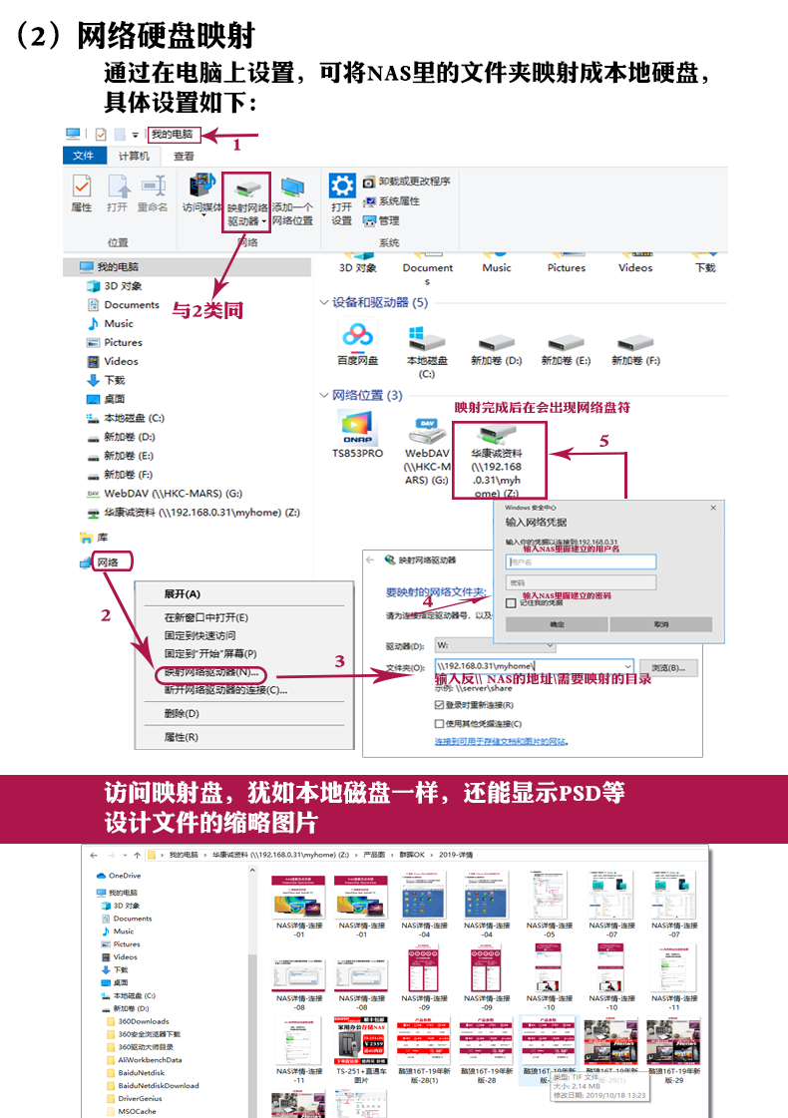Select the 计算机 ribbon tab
tap(134, 156)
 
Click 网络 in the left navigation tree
tap(108, 562)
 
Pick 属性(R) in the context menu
tap(182, 737)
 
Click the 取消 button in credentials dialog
tap(661, 624)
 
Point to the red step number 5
tap(602, 440)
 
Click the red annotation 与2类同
tap(207, 311)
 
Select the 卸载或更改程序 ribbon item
tap(406, 182)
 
